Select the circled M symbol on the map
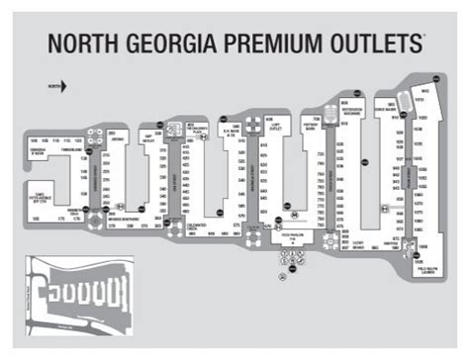click(x=293, y=212)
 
